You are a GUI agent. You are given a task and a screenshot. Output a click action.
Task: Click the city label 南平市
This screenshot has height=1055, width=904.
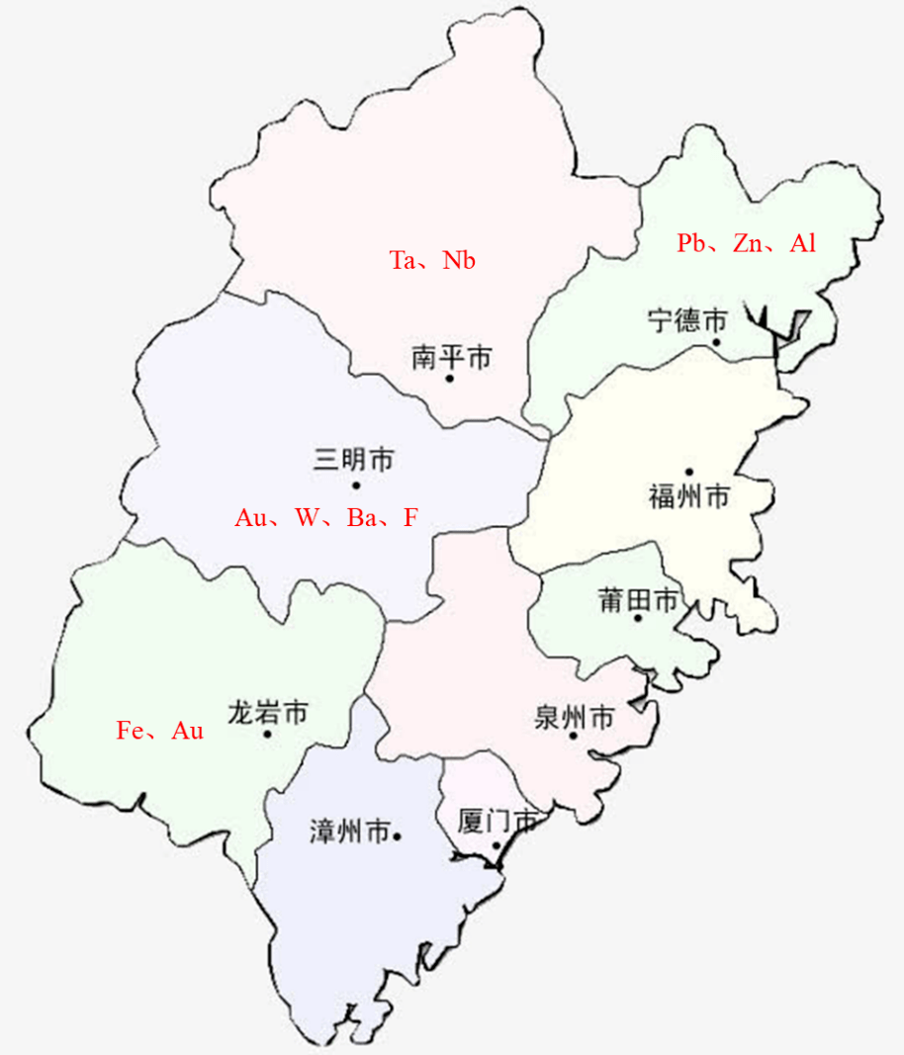[451, 357]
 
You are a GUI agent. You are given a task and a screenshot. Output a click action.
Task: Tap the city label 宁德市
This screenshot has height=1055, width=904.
[687, 320]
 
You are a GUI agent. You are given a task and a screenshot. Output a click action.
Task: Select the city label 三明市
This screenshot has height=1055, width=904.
[354, 460]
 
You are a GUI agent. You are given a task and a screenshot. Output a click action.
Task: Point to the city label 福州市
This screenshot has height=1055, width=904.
[688, 495]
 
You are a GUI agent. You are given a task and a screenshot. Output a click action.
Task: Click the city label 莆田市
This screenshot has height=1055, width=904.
[638, 600]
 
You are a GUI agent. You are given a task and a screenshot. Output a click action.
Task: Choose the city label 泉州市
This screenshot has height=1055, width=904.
[574, 718]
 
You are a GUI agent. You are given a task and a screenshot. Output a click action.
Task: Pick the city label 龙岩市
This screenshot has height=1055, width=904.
[267, 711]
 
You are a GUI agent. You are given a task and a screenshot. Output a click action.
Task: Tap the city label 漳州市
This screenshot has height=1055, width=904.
[349, 834]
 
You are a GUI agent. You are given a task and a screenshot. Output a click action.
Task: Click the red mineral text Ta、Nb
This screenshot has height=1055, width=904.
[432, 261]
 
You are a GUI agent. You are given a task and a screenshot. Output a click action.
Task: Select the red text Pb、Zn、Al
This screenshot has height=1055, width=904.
[747, 243]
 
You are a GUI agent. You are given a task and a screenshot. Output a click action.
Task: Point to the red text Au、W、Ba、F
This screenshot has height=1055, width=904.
[326, 517]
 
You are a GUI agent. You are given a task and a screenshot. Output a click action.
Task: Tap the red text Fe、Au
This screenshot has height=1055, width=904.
[160, 731]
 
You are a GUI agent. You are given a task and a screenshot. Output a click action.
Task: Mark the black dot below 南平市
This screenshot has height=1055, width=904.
[450, 379]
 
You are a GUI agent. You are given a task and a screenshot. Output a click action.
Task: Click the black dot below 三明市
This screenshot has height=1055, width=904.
[355, 484]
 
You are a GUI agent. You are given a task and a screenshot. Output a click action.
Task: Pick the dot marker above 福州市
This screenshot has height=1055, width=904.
[689, 472]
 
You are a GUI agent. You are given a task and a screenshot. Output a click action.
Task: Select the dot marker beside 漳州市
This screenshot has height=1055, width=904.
[397, 836]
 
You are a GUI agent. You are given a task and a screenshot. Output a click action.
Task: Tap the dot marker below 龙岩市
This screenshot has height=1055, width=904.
[267, 734]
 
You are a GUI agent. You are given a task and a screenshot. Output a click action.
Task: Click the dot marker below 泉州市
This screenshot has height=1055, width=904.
[573, 736]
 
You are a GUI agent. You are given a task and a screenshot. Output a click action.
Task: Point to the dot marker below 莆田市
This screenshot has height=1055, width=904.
[638, 618]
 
